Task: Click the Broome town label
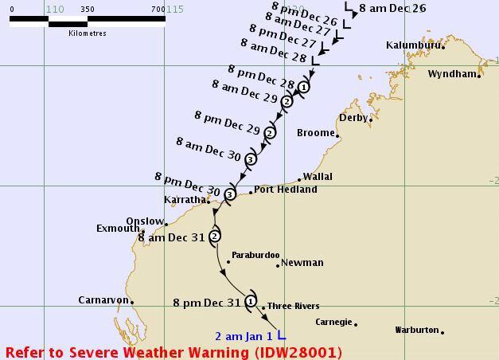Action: coord(315,133)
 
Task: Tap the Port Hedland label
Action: coord(286,190)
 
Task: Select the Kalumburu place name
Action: coord(412,45)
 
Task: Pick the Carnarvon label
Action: coord(103,300)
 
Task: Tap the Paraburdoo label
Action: coord(255,256)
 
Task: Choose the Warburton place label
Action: coord(417,330)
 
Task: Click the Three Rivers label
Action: coord(294,306)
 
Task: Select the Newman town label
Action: coord(302,263)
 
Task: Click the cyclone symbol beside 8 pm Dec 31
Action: coord(251,301)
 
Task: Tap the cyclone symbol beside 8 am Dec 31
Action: coord(215,236)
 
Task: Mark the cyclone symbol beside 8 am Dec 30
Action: coord(251,159)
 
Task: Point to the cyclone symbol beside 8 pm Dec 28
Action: coord(304,87)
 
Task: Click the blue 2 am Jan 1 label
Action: coord(244,336)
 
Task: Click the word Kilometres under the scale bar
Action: coord(88,33)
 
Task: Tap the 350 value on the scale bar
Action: coord(88,10)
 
